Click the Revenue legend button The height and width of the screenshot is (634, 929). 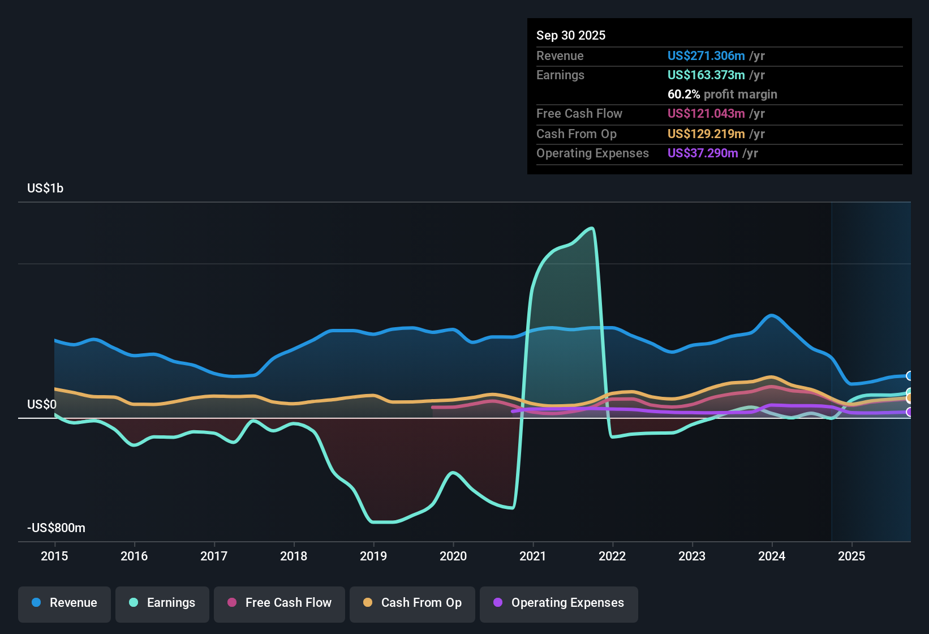point(64,603)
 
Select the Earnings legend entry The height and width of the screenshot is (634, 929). point(162,603)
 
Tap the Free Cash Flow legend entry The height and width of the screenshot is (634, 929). point(279,603)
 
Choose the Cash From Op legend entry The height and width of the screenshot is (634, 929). point(412,603)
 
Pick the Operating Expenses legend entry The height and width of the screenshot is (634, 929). point(559,603)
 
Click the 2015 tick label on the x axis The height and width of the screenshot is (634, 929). point(54,556)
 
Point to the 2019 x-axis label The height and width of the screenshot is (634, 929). point(373,556)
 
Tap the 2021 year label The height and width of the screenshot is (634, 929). point(533,556)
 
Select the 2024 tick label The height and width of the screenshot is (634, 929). point(772,556)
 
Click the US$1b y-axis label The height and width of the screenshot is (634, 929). point(45,189)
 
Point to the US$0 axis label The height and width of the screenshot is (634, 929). point(42,404)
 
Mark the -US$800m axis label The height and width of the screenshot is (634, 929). point(56,528)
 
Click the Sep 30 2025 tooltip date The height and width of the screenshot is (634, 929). point(571,36)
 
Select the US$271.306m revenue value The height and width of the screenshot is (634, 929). point(706,56)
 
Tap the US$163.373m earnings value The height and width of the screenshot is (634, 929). point(706,75)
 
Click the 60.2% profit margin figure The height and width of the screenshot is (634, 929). point(683,95)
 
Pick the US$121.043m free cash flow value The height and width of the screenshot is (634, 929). point(706,114)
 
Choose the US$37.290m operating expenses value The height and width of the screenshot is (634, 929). point(703,153)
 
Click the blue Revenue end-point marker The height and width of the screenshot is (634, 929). point(910,376)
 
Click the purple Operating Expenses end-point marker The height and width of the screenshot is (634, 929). point(910,412)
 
